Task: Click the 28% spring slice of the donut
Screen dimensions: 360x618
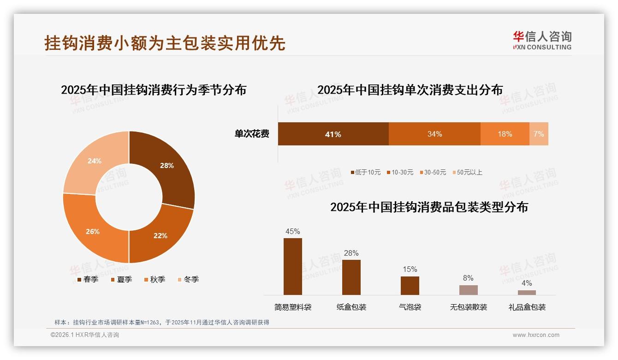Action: coord(166,166)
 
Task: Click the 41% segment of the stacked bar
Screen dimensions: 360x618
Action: coord(333,134)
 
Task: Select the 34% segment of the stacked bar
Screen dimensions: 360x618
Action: coord(434,134)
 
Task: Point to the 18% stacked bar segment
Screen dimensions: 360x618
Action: coord(505,134)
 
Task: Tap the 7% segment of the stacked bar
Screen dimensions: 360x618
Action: coord(539,134)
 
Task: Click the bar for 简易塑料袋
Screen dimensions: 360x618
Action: coord(293,266)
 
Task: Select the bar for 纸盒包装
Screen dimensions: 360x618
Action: coord(351,277)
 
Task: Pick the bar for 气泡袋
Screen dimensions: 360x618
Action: coord(410,285)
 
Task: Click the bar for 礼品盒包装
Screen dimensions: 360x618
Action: coord(527,292)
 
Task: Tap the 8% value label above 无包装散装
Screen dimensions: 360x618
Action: coord(468,278)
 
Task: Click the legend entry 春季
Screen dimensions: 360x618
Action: coord(88,279)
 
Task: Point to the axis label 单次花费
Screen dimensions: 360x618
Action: coord(252,134)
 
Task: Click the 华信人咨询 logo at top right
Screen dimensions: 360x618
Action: coord(542,40)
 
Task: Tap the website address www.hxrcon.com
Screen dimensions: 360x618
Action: coord(536,335)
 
